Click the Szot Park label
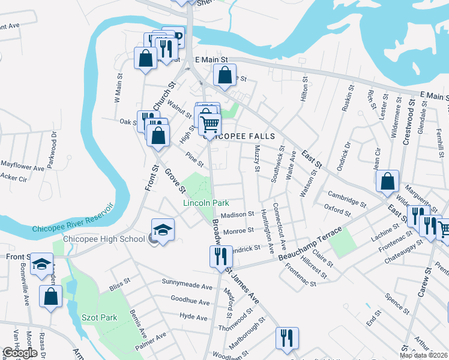100,317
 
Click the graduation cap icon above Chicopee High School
162,230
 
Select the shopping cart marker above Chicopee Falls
210,124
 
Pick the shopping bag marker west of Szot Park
51,296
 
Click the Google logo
20,353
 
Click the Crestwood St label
411,121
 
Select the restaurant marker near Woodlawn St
287,338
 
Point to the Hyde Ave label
193,317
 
